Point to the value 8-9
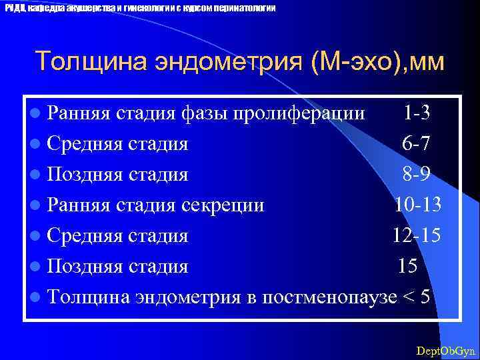pos(416,174)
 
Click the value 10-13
pos(417,205)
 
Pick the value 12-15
pos(416,235)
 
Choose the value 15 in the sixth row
pos(408,266)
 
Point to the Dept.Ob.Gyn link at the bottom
pos(445,350)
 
